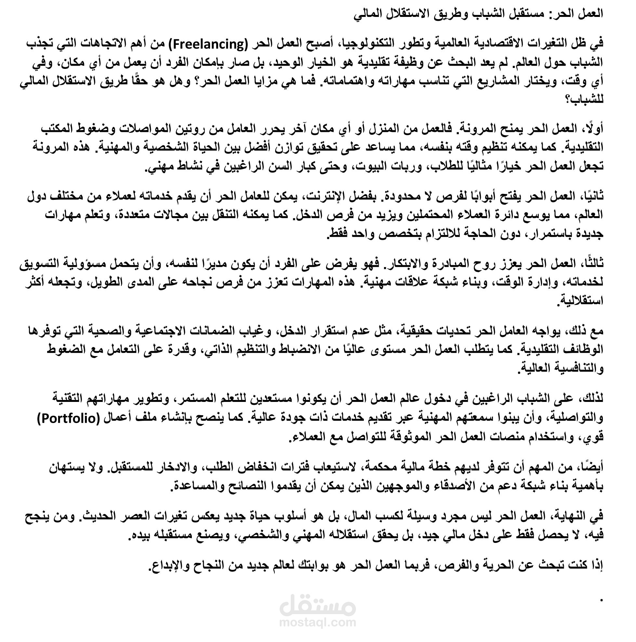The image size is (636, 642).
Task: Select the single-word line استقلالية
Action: (x=583, y=302)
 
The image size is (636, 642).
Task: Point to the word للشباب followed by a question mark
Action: (x=588, y=100)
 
